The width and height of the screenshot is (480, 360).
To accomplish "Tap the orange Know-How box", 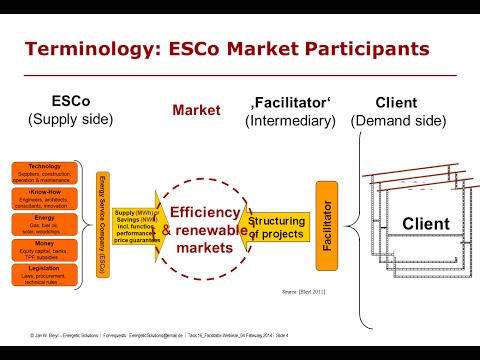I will [x=45, y=170].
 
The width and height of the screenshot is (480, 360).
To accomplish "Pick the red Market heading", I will [x=195, y=110].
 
